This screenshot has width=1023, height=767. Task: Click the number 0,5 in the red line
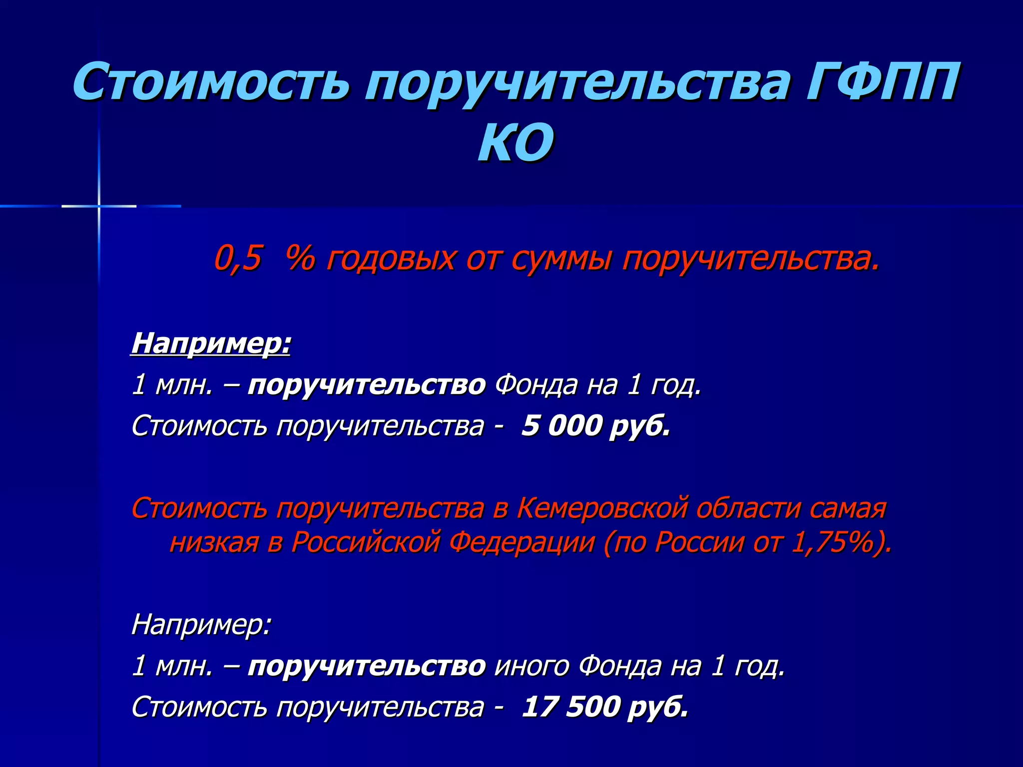click(238, 259)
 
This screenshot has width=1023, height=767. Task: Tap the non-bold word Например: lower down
click(201, 624)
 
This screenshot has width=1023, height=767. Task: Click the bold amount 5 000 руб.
click(596, 426)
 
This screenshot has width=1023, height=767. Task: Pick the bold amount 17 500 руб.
click(605, 707)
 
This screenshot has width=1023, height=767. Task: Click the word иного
click(531, 666)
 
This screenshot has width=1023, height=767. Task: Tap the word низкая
click(214, 542)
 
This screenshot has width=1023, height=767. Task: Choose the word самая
click(848, 508)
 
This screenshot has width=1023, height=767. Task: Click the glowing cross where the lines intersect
click(99, 206)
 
